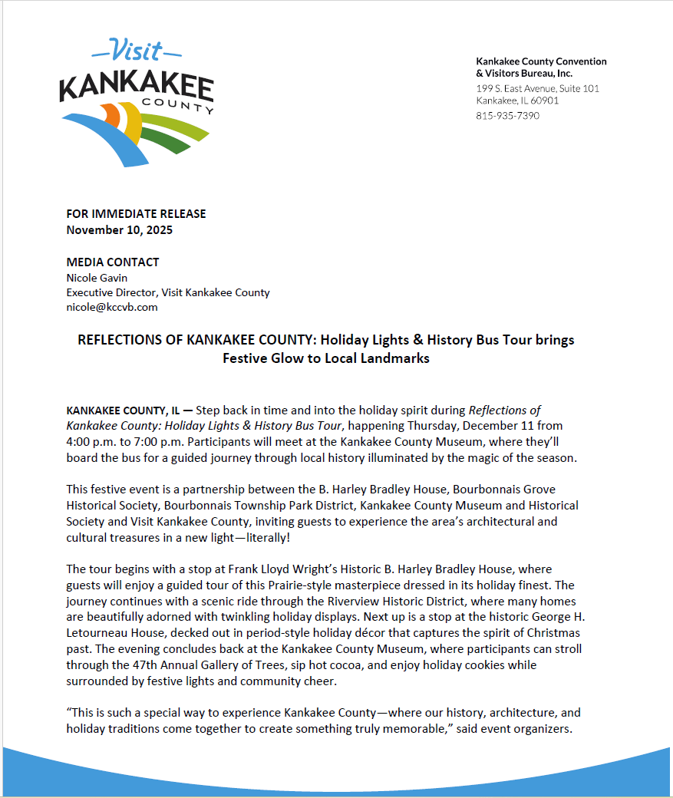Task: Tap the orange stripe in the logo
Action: pyautogui.click(x=112, y=114)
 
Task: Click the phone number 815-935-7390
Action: pyautogui.click(x=507, y=116)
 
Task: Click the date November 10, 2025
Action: pyautogui.click(x=119, y=229)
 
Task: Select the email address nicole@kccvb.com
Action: pyautogui.click(x=112, y=307)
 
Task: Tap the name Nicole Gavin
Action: pyautogui.click(x=97, y=278)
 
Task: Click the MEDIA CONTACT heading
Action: pyautogui.click(x=113, y=262)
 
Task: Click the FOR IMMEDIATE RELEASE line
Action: pyautogui.click(x=136, y=214)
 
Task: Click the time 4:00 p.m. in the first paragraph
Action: pyautogui.click(x=89, y=443)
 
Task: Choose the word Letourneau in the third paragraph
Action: pyautogui.click(x=97, y=633)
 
